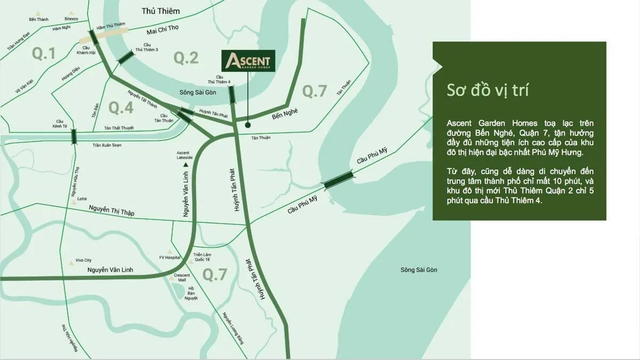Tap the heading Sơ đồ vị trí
pos(487,90)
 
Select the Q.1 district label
pos(44,53)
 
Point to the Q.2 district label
pos(186,58)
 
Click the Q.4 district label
pos(121,107)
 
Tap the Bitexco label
pos(71,19)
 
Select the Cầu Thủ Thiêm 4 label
pos(219,79)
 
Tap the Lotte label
pos(82,199)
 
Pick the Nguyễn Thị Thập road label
pos(112,211)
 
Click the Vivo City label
pos(84,260)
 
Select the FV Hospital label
pos(170,258)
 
